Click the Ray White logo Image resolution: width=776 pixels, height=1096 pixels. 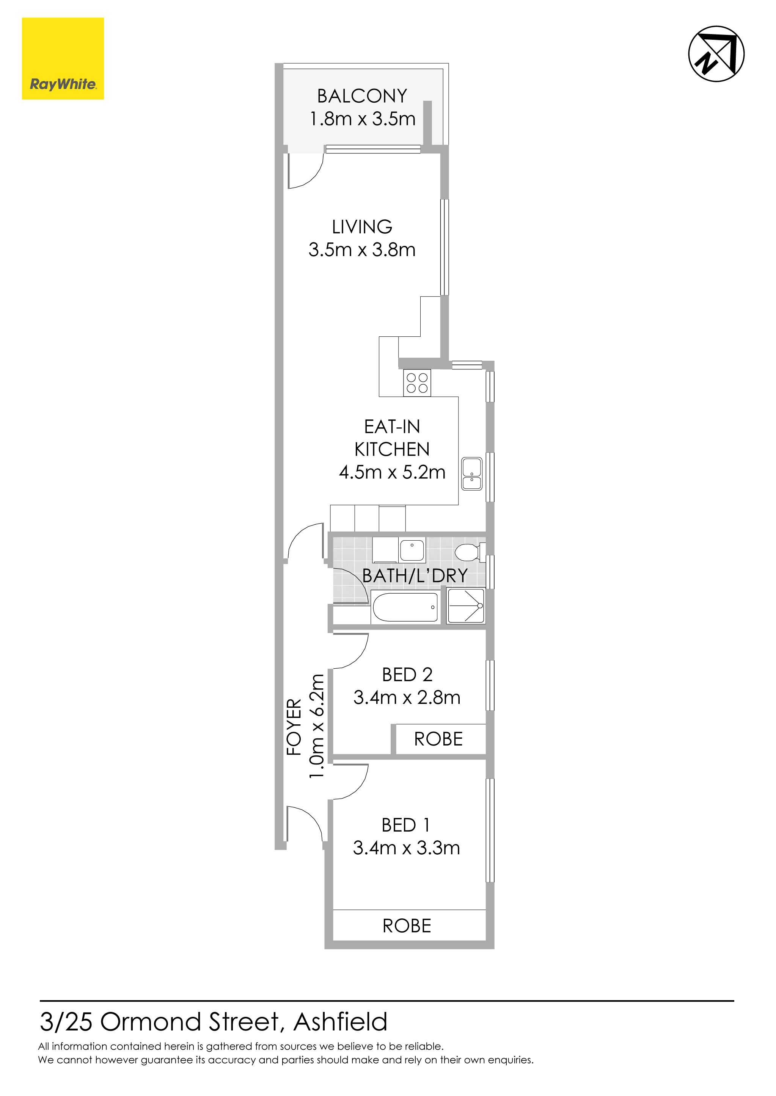point(63,59)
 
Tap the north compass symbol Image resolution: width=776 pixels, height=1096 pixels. point(716,53)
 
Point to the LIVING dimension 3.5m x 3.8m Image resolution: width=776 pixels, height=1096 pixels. point(362,250)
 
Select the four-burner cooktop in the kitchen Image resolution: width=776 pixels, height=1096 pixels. point(417,383)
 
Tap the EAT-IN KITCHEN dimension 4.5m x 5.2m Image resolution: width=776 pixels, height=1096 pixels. point(392,472)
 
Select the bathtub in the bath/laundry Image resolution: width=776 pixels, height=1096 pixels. point(405,607)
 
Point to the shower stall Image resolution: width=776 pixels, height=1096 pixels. point(465,606)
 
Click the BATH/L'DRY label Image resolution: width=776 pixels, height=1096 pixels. point(415,576)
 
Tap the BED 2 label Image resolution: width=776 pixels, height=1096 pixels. point(407,674)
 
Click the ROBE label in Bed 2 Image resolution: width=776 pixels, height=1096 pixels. point(438,739)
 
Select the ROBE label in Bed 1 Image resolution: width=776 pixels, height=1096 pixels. point(407,926)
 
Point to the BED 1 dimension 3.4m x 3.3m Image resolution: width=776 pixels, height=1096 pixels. point(406,848)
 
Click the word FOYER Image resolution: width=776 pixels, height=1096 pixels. point(294,727)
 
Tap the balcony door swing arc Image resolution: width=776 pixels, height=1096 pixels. point(311,176)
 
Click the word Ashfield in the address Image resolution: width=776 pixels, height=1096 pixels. point(340,1022)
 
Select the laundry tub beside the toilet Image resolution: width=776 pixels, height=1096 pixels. point(412,550)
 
